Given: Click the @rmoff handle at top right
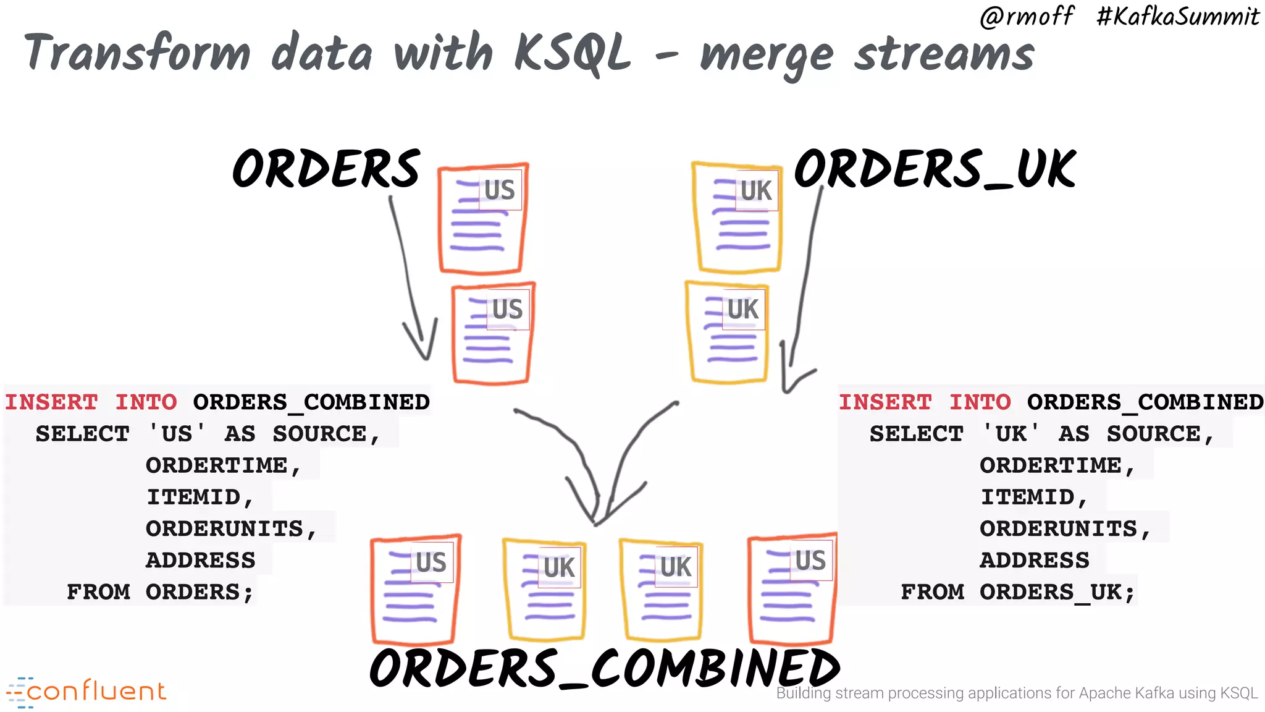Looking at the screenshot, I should [x=1027, y=16].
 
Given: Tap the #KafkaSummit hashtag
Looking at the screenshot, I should [x=1177, y=16].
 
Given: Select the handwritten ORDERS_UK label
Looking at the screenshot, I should [x=935, y=169].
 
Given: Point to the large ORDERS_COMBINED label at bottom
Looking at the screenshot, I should [x=604, y=668].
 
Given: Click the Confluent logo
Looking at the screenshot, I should [x=86, y=692].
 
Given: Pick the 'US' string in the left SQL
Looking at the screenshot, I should [x=177, y=434].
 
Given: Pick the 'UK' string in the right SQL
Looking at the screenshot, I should [x=1011, y=434].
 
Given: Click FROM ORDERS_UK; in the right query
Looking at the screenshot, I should [x=1018, y=592].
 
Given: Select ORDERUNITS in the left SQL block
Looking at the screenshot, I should [x=225, y=529].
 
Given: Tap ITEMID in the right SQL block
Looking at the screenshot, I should [x=1028, y=497].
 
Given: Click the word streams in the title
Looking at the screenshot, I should [x=944, y=54].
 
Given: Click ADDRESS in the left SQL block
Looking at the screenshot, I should [x=201, y=561].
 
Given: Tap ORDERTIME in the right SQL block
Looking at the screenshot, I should [x=1051, y=465].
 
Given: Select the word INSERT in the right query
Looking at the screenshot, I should [x=885, y=402].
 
